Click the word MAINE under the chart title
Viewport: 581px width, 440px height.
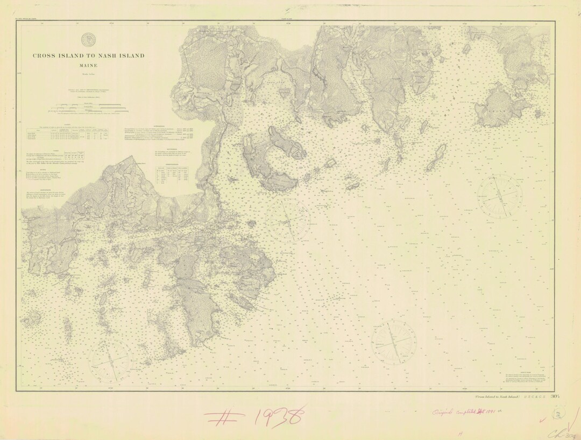click(x=88, y=65)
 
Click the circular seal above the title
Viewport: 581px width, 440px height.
click(x=88, y=40)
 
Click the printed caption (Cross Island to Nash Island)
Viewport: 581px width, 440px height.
click(x=490, y=397)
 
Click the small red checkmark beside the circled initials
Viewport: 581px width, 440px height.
click(x=541, y=415)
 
